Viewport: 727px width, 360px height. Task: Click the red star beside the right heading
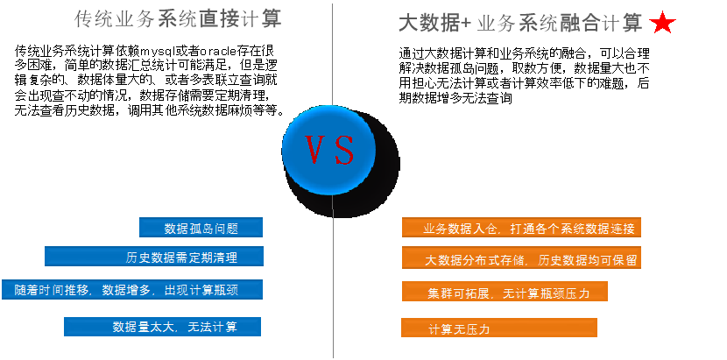662,24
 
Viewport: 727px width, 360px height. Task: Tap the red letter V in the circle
315,151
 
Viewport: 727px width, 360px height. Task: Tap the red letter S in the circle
344,151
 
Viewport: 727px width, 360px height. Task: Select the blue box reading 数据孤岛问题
201,229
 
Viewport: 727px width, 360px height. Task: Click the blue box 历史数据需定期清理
154,258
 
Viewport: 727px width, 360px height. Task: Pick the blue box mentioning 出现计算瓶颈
131,289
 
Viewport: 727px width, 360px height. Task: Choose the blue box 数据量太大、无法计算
163,327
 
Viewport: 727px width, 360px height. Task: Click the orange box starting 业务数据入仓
522,229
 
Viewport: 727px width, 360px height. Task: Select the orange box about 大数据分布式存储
521,259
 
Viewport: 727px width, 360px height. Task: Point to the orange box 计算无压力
499,328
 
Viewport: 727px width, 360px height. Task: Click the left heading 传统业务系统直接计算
178,19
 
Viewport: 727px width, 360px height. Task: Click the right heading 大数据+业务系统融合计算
521,24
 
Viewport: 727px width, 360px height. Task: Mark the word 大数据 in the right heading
429,24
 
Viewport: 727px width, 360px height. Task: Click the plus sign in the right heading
466,25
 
